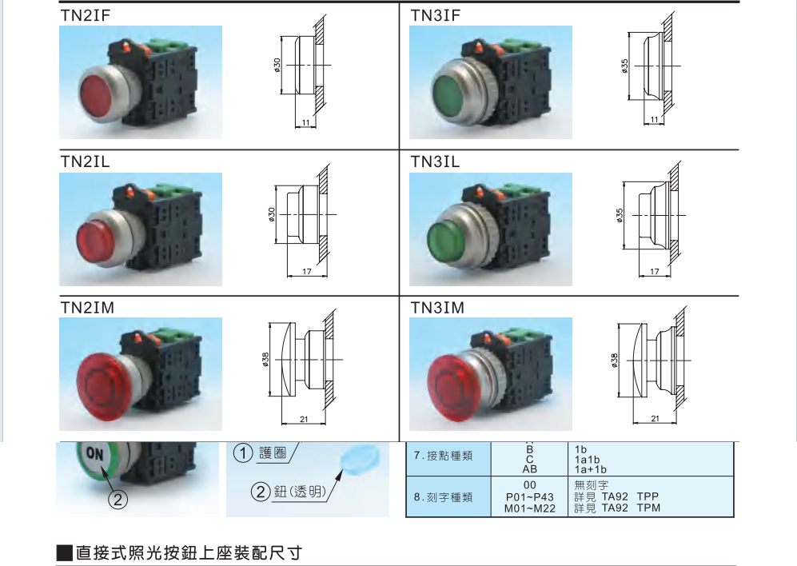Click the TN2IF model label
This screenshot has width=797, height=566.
(85, 16)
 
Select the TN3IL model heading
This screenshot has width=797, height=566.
(435, 161)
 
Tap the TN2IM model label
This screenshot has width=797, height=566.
(87, 308)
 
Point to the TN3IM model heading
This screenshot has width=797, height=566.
(437, 308)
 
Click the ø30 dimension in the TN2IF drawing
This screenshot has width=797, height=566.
(277, 65)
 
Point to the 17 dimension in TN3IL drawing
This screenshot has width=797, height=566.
(655, 272)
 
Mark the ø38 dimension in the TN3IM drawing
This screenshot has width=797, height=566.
(615, 360)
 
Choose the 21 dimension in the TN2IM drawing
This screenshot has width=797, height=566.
(304, 420)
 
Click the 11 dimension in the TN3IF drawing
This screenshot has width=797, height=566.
(654, 120)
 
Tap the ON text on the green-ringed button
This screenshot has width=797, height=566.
(94, 453)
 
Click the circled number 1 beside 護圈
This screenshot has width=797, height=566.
(243, 452)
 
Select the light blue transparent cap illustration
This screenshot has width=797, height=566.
(360, 458)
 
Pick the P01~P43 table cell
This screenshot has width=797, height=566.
(530, 496)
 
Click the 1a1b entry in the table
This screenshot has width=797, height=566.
(587, 460)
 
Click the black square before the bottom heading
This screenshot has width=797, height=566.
(65, 552)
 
